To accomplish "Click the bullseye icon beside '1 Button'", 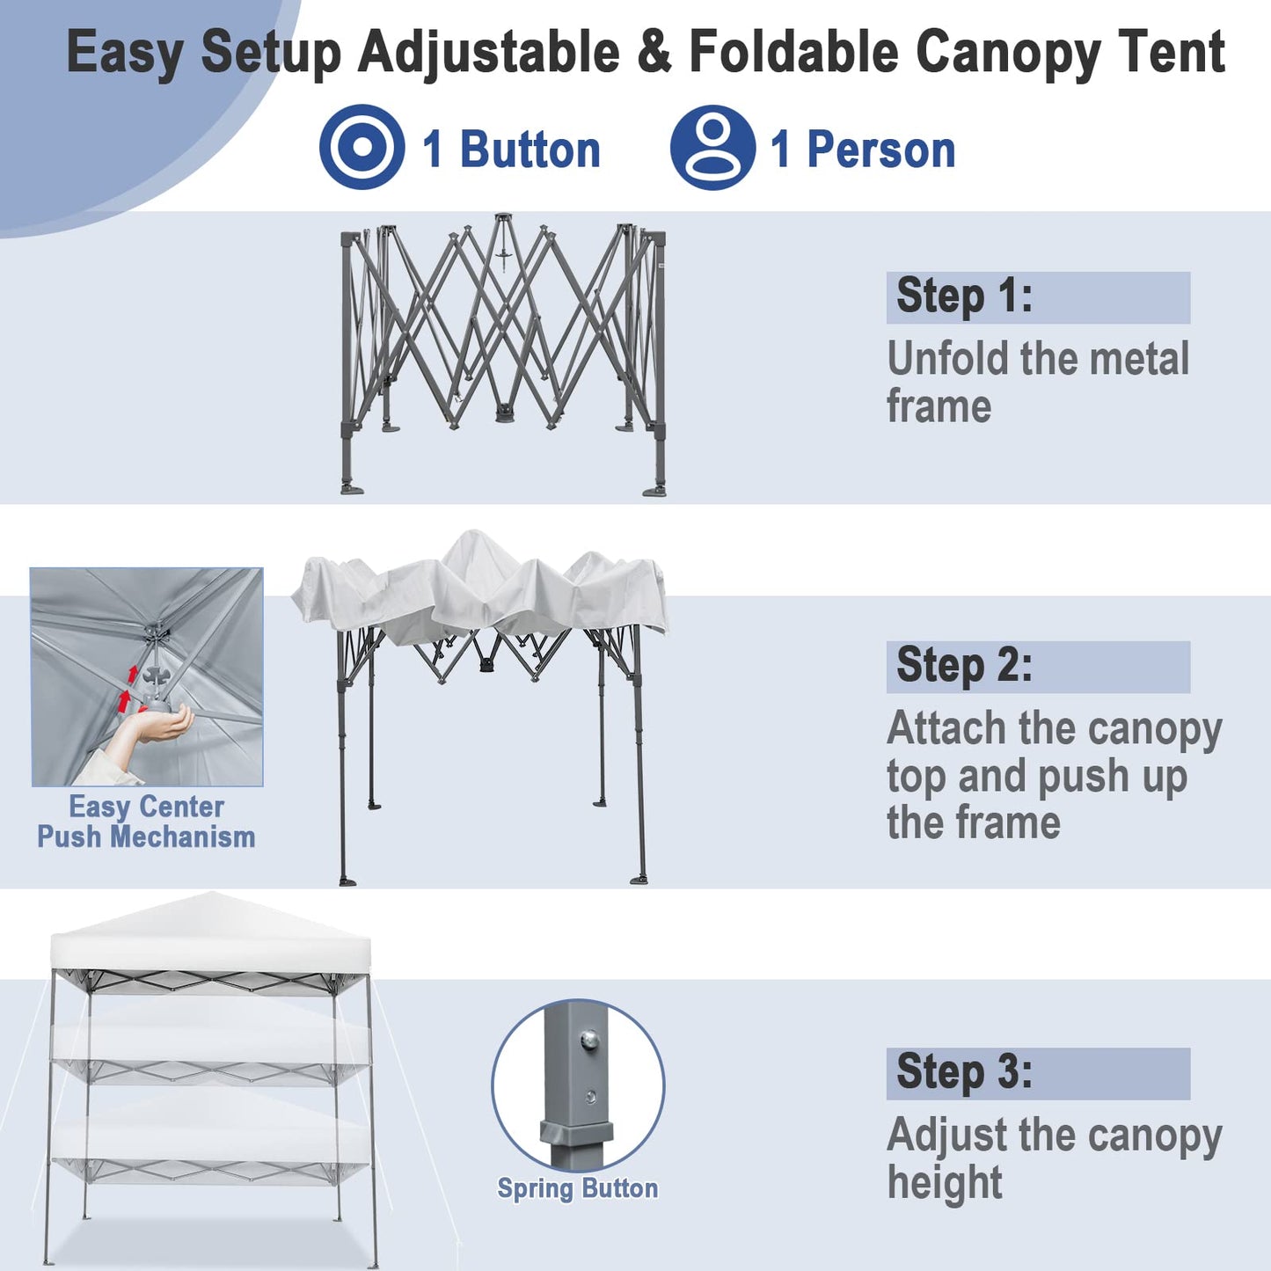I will click(x=362, y=147).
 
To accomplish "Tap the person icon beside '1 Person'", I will click(x=712, y=147).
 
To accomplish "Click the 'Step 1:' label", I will click(x=964, y=296).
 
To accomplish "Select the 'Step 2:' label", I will click(x=964, y=666).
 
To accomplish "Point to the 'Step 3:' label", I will click(x=964, y=1072).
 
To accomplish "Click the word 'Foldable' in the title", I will click(x=795, y=53).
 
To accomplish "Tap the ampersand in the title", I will click(x=654, y=53).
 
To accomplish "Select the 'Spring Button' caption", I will click(x=577, y=1189).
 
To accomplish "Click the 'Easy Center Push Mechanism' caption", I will click(x=146, y=822).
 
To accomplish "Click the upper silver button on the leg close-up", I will click(x=589, y=1041).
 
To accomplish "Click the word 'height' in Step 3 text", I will click(x=945, y=1183).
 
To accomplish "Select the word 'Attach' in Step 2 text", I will click(x=946, y=729).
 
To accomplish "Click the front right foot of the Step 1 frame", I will click(x=655, y=490).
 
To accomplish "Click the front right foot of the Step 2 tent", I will click(x=639, y=878).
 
